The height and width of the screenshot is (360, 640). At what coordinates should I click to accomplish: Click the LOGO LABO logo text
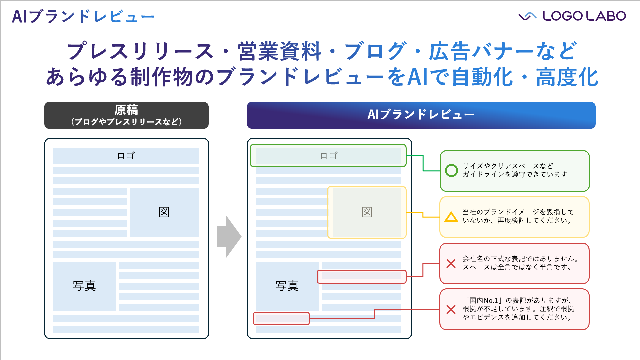tap(584, 16)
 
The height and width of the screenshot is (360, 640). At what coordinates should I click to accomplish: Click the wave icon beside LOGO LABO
tap(527, 16)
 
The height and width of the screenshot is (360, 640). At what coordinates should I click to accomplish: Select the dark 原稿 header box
tap(126, 115)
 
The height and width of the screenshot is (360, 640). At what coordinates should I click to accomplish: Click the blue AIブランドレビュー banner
tap(421, 115)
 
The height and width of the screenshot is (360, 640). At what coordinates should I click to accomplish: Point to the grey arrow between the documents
tap(229, 237)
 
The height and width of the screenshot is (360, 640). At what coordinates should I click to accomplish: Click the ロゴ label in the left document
tap(126, 156)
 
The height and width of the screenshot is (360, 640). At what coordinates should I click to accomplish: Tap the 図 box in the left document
tap(164, 212)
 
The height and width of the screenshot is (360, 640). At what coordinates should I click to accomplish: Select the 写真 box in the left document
tap(84, 286)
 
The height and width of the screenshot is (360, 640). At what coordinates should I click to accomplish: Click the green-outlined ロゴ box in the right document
tap(328, 156)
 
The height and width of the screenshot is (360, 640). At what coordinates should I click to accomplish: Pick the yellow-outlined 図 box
tap(367, 212)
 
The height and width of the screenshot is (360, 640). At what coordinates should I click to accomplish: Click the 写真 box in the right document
tap(287, 286)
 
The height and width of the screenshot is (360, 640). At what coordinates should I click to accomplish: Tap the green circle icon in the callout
tap(451, 170)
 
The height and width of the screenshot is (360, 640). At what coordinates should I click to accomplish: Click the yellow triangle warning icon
tap(451, 217)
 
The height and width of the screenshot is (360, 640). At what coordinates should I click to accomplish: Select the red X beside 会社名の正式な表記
tap(451, 264)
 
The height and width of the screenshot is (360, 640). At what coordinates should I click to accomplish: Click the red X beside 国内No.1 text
tap(451, 309)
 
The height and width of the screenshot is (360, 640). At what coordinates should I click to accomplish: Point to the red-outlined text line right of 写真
tap(361, 276)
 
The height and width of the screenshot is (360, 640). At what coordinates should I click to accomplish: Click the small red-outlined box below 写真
tap(281, 318)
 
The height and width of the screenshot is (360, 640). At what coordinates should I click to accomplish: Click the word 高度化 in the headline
tap(567, 77)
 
